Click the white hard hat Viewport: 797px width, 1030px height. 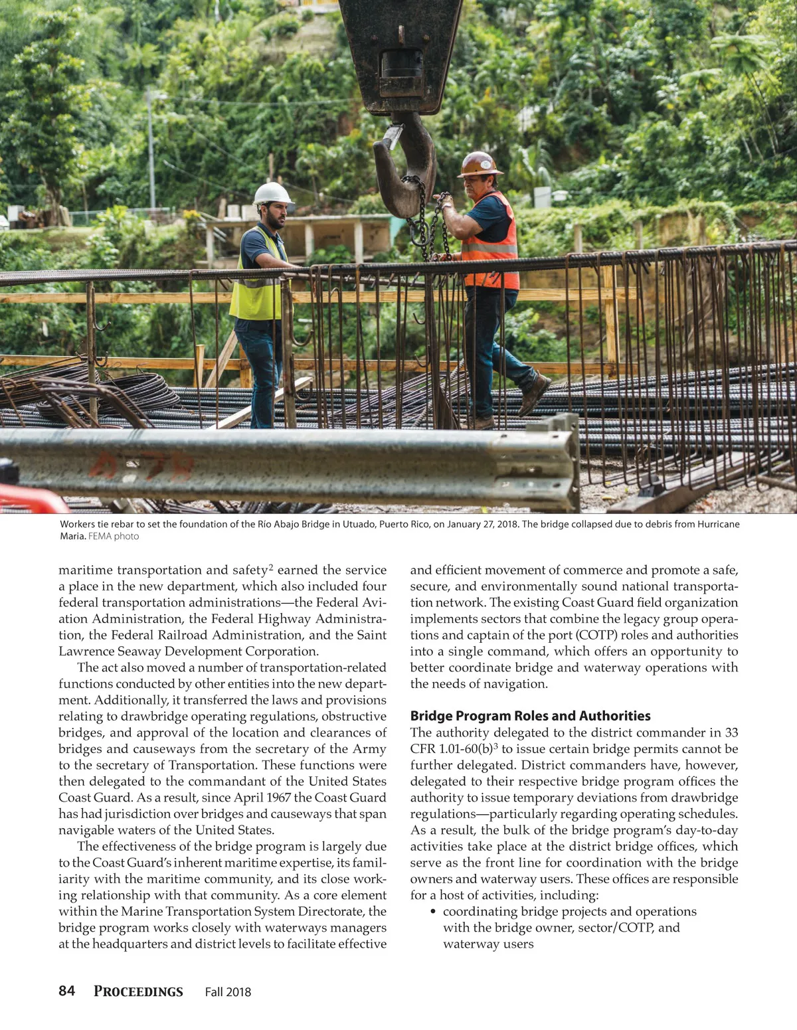[272, 193]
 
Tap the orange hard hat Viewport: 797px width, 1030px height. [479, 164]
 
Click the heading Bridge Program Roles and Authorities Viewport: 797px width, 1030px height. [530, 716]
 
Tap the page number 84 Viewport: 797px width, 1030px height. [66, 991]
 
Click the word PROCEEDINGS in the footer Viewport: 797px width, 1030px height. [138, 991]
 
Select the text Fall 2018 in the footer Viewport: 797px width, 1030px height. [228, 992]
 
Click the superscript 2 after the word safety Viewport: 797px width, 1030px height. [271, 566]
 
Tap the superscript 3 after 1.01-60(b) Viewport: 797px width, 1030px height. [495, 745]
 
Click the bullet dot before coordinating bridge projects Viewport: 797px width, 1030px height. [433, 912]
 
